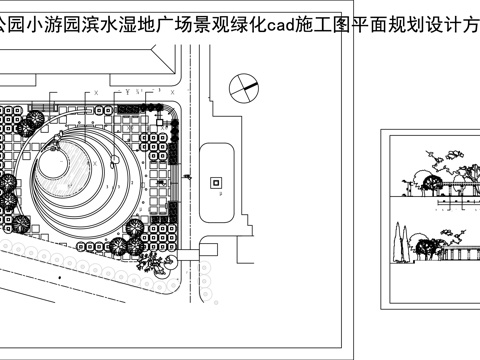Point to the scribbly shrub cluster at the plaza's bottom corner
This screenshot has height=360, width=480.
pos(156,263)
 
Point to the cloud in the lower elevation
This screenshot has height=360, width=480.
pos(448,232)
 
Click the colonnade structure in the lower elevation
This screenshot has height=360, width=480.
pos(462,256)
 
